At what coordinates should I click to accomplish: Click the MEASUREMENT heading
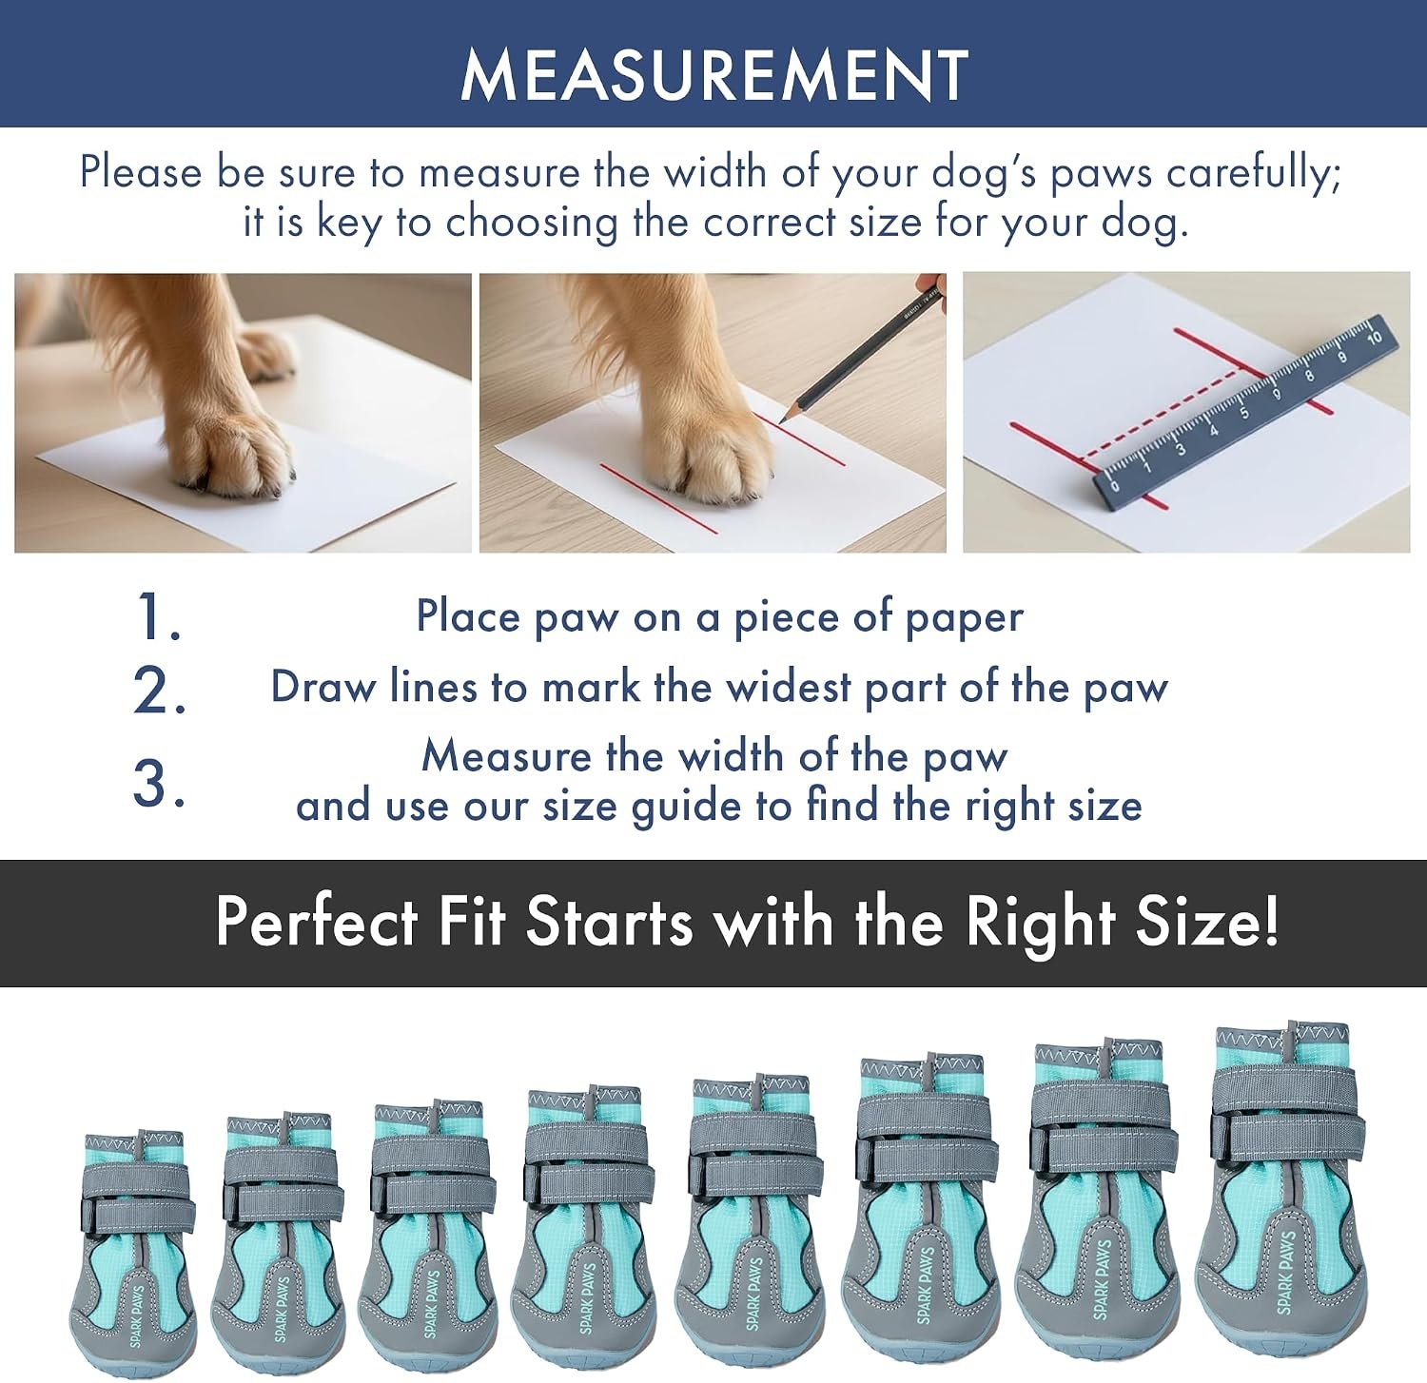[x=714, y=74]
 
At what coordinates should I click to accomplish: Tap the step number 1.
[x=156, y=616]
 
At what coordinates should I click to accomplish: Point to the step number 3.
[x=158, y=785]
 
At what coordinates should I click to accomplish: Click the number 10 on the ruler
[x=1373, y=338]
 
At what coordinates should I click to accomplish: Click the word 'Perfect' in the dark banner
[x=317, y=922]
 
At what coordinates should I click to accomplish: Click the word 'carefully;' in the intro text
[x=1254, y=173]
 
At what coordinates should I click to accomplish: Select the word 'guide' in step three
[x=687, y=807]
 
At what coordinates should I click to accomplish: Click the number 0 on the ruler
[x=1115, y=484]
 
